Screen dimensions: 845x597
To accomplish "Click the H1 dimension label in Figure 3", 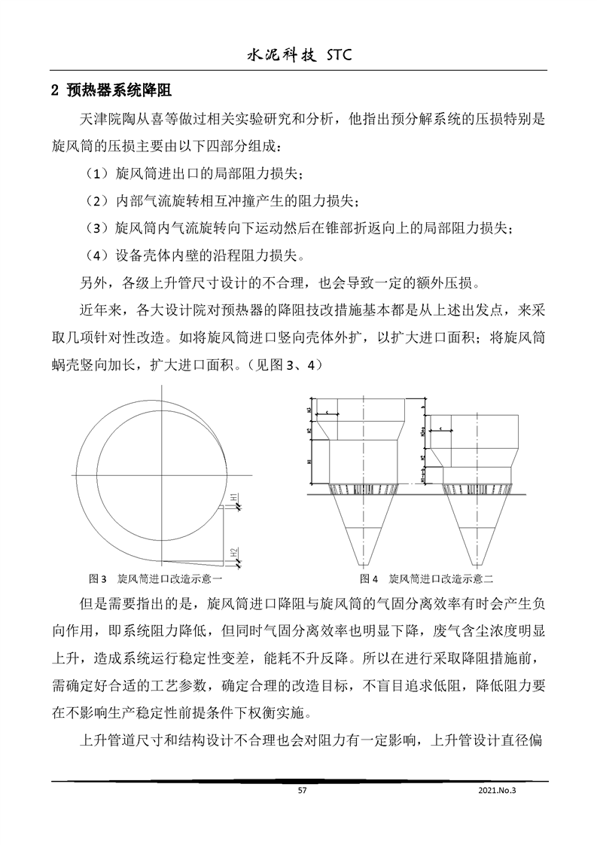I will [234, 498].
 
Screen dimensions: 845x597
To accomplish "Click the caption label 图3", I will [97, 579].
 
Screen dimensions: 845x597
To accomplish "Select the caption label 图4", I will [368, 579].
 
